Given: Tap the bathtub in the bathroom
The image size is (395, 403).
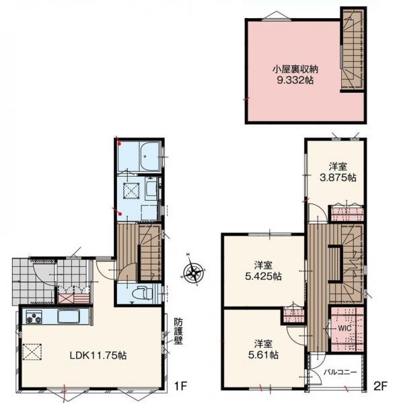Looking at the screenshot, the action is pyautogui.click(x=150, y=156).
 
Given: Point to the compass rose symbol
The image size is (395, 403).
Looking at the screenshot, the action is pyautogui.click(x=193, y=271).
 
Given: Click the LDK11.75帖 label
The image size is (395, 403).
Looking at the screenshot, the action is pyautogui.click(x=98, y=355).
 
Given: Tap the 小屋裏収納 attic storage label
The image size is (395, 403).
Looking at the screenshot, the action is pyautogui.click(x=295, y=69).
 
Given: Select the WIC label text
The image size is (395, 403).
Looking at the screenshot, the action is pyautogui.click(x=345, y=328).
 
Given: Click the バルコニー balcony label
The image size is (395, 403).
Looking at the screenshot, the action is pyautogui.click(x=340, y=372).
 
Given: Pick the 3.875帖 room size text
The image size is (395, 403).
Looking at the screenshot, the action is pyautogui.click(x=338, y=177).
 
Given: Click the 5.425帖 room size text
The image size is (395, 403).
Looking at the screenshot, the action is pyautogui.click(x=263, y=276).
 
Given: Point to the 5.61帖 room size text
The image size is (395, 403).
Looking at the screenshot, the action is pyautogui.click(x=263, y=355).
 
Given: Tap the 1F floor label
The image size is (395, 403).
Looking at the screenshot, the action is pyautogui.click(x=180, y=386).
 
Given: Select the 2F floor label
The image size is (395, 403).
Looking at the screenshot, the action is pyautogui.click(x=380, y=386).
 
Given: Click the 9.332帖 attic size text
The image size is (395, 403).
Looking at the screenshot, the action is pyautogui.click(x=295, y=81).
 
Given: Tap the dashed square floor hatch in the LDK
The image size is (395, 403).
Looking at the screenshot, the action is pyautogui.click(x=32, y=351).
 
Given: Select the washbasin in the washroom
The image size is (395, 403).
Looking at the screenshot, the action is pyautogui.click(x=152, y=189).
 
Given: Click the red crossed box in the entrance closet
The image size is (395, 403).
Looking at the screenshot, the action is pyautogui.click(x=66, y=299).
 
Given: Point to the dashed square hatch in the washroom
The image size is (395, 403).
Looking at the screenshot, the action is pyautogui.click(x=131, y=191).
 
